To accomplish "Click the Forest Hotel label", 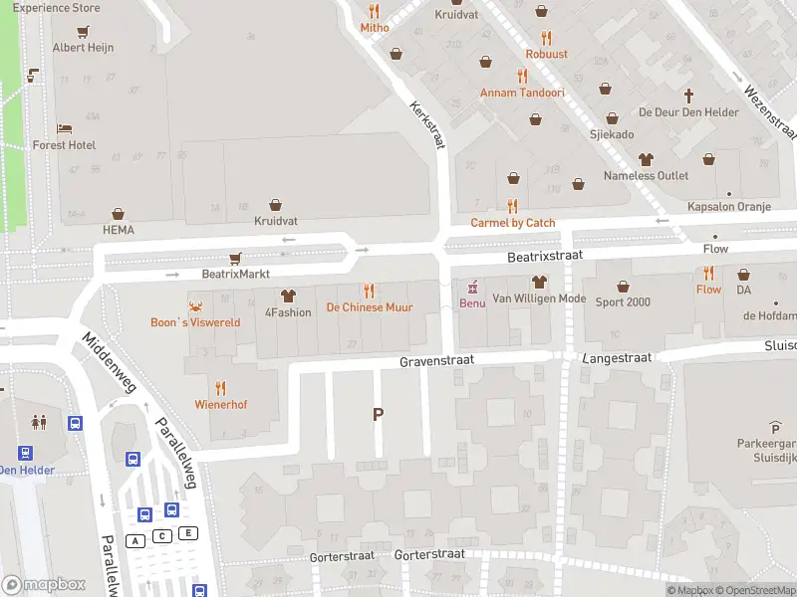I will point(64,145).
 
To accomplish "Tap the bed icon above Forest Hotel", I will point(64,129).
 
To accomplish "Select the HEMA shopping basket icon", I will point(118,214).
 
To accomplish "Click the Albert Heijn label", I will point(83,48).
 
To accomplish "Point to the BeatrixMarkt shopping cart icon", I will point(235,258).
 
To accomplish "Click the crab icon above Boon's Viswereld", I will point(195,306).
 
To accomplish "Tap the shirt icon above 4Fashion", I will point(288,296).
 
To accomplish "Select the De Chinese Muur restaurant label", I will point(370,308).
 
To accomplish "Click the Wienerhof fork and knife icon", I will point(220,388).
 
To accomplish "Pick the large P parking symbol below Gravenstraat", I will point(378,414).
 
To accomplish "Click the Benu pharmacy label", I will point(472,302).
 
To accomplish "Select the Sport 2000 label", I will point(624,302).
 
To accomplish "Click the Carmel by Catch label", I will point(513,223).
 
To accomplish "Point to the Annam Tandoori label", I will point(522,93).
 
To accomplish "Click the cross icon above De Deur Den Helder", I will point(688,97).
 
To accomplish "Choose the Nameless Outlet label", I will point(646,176).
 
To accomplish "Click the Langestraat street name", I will point(608,355).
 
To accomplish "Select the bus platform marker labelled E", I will point(188,533).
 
